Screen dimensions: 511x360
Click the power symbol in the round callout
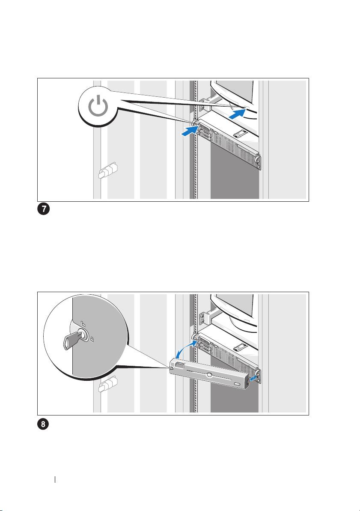pos(98,107)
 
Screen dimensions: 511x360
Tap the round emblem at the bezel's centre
pos(209,375)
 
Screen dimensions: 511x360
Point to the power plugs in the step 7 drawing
pos(107,170)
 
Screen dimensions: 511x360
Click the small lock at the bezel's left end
pos(171,368)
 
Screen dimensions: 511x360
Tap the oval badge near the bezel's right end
pos(238,383)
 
